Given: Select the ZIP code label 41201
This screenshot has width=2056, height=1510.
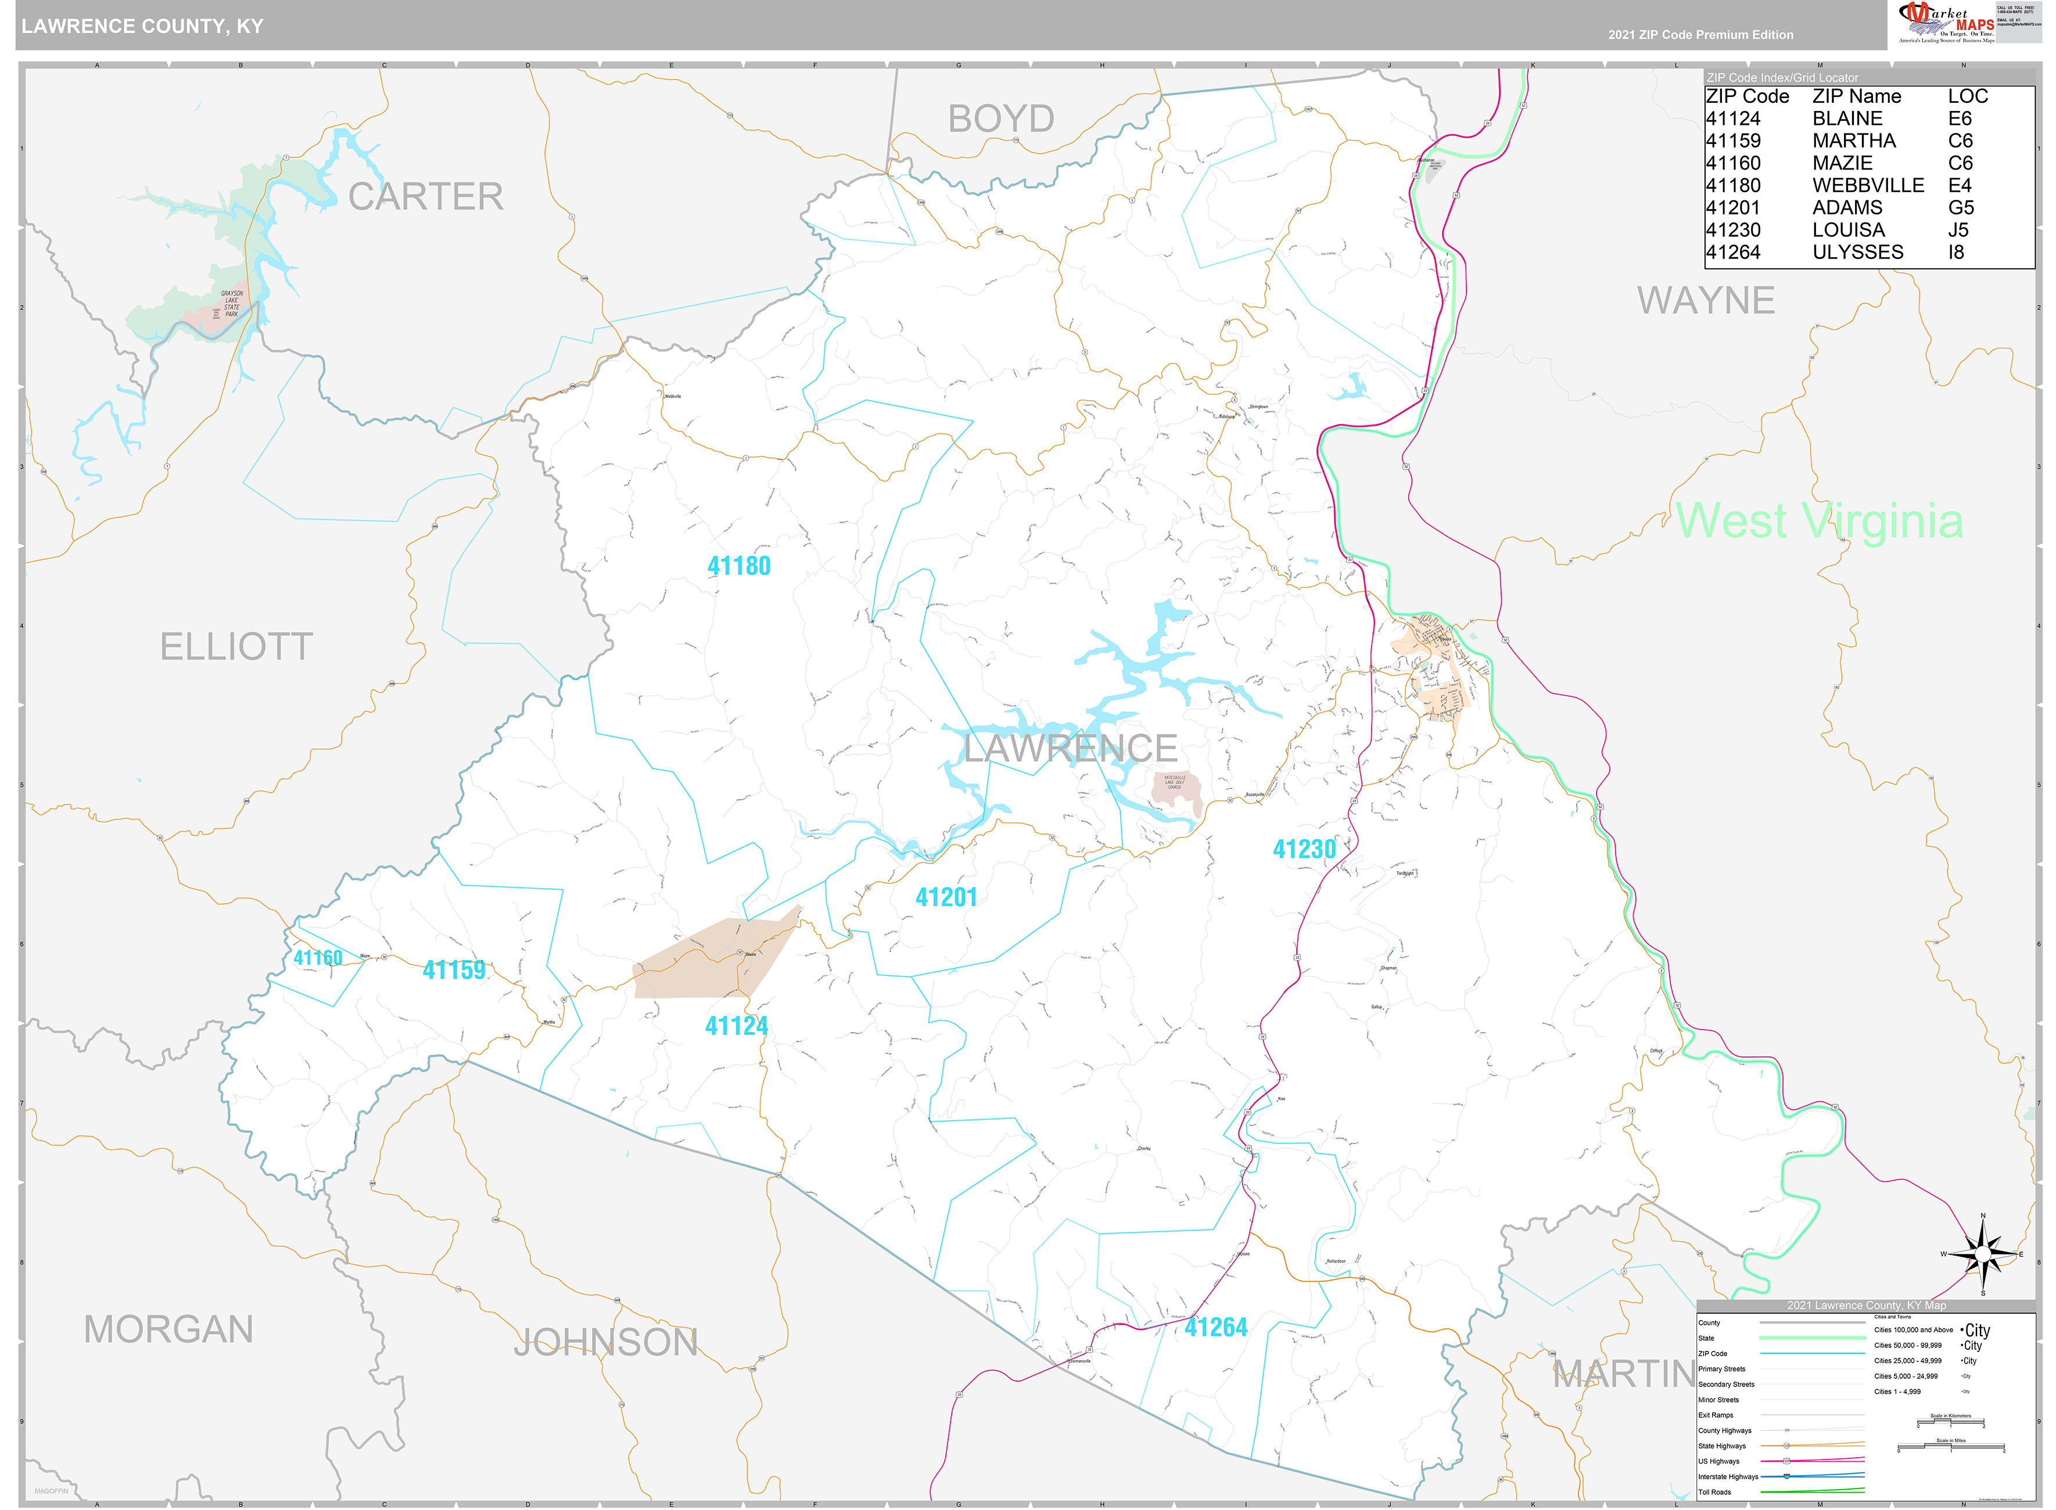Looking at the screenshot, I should [x=946, y=898].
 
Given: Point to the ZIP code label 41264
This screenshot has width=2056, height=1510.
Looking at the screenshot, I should [x=1216, y=1327].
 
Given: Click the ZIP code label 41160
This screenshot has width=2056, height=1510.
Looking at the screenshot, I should [x=317, y=958].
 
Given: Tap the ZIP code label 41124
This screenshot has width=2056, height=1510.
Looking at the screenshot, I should [x=736, y=1026].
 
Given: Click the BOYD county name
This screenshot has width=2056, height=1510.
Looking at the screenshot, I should [x=1001, y=119].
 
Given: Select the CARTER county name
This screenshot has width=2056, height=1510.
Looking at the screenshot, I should [x=425, y=196].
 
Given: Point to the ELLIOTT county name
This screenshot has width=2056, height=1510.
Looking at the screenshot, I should [x=236, y=647].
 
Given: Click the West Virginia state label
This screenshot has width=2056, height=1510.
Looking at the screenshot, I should [x=1818, y=521].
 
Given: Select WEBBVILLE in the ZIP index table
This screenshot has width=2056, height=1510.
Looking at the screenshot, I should [x=1868, y=185].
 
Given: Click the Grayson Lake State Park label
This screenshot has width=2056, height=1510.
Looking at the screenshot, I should [x=231, y=304].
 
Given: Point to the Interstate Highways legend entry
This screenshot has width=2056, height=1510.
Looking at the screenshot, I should [x=1728, y=1476].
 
